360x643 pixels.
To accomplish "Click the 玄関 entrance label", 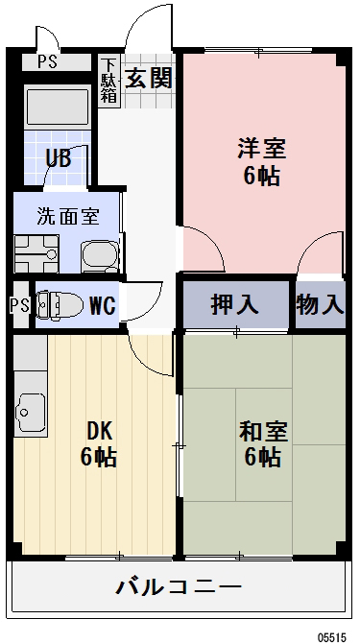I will (x=149, y=78).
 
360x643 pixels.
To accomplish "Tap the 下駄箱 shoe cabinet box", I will (x=110, y=81).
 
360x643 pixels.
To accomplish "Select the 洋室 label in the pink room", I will (x=261, y=149).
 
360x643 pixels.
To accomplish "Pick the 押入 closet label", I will (x=235, y=305).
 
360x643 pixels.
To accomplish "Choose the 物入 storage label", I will (x=320, y=305).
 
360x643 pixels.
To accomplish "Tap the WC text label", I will (x=103, y=306).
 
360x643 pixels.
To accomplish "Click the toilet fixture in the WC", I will (x=58, y=305).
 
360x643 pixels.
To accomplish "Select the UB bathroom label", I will (x=58, y=158).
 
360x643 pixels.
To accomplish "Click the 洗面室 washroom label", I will (x=68, y=216).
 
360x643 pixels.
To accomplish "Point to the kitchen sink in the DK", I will (x=30, y=414).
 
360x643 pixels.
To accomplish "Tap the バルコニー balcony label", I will (x=179, y=585).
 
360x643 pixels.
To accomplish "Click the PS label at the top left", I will (x=46, y=62).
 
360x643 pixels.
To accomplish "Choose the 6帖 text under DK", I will (x=99, y=458).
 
